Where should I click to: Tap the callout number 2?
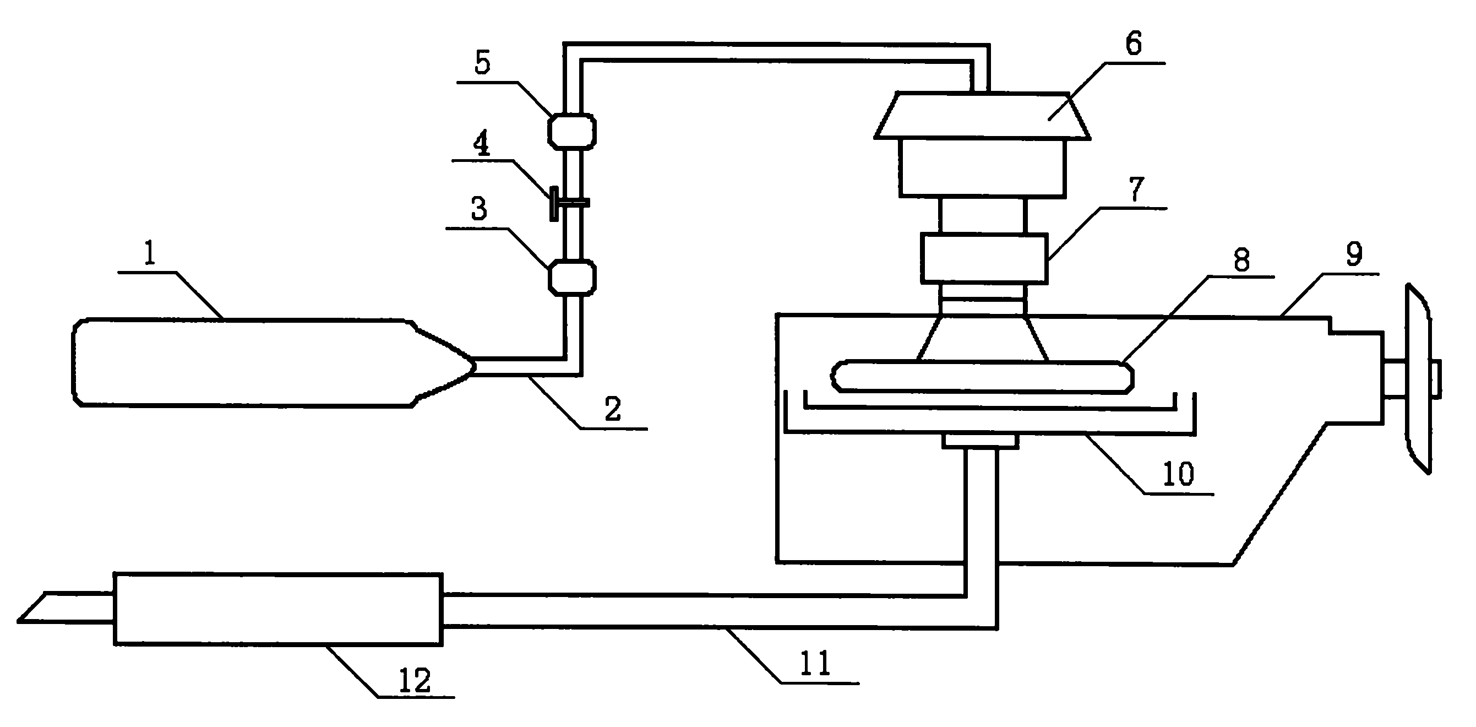pos(613,409)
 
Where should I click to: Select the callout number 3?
pos(479,209)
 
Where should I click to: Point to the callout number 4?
pos(481,143)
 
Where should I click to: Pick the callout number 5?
pos(482,64)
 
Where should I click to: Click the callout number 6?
pos(1134,44)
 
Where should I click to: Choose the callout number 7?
pos(1135,190)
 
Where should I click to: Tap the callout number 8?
pos(1241,261)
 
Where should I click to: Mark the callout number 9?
pos(1354,254)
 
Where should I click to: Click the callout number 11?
pos(815,663)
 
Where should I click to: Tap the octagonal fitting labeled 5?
pos(573,131)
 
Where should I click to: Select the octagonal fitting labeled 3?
pos(573,278)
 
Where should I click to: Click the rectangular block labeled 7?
pos(984,258)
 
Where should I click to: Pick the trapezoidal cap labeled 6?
pos(982,115)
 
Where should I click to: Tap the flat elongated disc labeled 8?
pos(982,377)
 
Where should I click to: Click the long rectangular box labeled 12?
pos(279,609)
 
